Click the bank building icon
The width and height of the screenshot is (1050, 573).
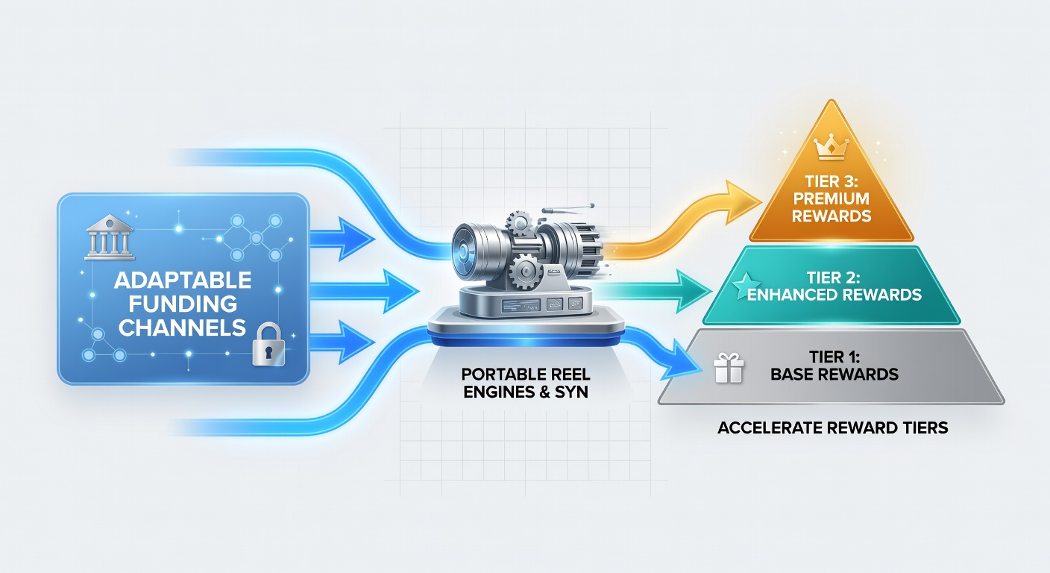tap(110, 237)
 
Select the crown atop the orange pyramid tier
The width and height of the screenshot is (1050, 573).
tap(831, 147)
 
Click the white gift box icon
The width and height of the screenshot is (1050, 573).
tap(729, 368)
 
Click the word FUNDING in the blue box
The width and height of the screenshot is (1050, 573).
tap(183, 304)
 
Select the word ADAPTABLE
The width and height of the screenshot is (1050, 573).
tap(183, 281)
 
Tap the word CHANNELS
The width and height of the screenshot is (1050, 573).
tap(183, 328)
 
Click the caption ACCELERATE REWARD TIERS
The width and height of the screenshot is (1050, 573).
tap(832, 428)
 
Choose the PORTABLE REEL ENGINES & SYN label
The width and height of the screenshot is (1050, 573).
tap(526, 383)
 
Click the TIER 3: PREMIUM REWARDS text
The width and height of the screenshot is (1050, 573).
tap(831, 198)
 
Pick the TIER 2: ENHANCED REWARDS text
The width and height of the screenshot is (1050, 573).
tap(834, 286)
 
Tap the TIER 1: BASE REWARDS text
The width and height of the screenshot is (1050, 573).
tap(834, 366)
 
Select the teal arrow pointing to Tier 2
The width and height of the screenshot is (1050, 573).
tap(656, 292)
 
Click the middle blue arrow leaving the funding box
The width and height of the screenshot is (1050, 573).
tap(364, 291)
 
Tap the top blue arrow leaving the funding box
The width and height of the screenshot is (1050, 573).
tap(342, 239)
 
